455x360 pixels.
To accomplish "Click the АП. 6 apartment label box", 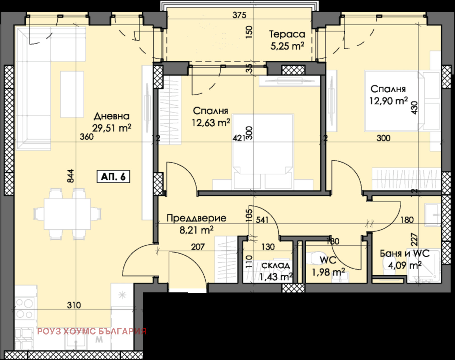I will (x=113, y=176).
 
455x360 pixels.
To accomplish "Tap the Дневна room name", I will (x=111, y=116).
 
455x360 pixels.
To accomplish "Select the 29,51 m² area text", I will (x=111, y=128).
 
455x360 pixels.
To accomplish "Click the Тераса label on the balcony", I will (x=287, y=34).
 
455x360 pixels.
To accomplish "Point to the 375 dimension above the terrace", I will (x=239, y=15).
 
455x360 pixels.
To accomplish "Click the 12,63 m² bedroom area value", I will (x=211, y=123).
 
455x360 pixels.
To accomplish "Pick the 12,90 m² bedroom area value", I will (x=388, y=101).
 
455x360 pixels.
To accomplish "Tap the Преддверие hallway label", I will (x=197, y=218).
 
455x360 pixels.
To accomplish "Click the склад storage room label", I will (x=276, y=265).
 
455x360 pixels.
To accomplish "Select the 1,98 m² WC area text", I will (x=328, y=272).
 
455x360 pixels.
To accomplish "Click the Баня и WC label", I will (x=404, y=253).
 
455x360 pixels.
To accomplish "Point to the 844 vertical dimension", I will (x=71, y=176).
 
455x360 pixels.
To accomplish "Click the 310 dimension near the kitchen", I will (x=74, y=305).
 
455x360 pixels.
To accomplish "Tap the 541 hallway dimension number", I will (x=262, y=220).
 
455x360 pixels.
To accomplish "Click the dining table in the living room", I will (x=67, y=214).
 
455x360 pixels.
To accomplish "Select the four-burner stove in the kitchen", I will (x=24, y=309).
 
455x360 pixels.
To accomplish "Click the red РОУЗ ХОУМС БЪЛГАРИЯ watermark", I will (x=92, y=331).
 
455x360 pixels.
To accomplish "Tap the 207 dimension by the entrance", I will (x=198, y=246).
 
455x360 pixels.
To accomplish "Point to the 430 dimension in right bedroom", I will (x=415, y=108).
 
